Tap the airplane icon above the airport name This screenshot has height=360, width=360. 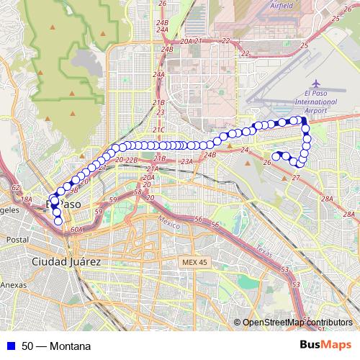coord(319,85)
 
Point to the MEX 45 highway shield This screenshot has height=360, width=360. coord(194,262)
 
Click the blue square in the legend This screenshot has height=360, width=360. coord(11,346)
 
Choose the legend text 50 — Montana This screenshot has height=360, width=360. coord(56,346)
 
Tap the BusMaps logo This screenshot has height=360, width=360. coord(325,345)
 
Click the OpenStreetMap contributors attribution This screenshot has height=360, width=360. coord(297,323)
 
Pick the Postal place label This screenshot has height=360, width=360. coord(17,239)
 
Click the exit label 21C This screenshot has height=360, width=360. coord(158,130)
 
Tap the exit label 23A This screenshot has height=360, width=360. coord(187,163)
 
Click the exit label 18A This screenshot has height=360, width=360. coord(27,199)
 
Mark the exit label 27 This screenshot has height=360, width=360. coord(295,177)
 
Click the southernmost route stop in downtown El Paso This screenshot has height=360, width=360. coord(59,221)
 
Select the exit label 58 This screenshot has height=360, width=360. coord(138,192)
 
